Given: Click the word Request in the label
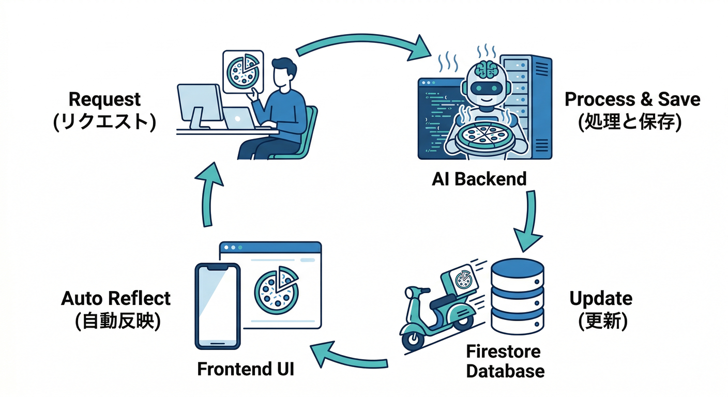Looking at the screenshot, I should coord(104,99).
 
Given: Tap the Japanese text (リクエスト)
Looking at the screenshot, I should coord(104,123).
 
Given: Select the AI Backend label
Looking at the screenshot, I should coord(479,179).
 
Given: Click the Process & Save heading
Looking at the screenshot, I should coord(632,99).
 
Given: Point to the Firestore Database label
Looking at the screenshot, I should coord(505,361).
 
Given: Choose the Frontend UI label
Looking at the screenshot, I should coord(246,369).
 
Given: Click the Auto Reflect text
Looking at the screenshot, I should coord(116,298).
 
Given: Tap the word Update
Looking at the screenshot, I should coord(601,298).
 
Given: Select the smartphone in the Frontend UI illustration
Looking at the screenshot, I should coord(218,306).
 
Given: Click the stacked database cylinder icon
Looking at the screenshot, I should coord(517,297).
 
